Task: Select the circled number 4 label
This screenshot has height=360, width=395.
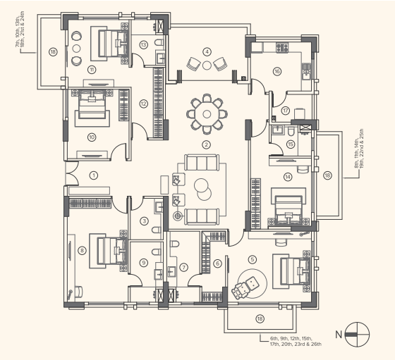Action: click(x=207, y=51)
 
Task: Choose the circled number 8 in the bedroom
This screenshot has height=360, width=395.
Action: click(x=83, y=249)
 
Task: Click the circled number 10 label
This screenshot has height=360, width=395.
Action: click(x=92, y=137)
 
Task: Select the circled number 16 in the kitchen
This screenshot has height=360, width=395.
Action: click(x=277, y=71)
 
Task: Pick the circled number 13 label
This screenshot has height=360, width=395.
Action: click(x=143, y=45)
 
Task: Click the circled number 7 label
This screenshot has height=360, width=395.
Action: click(x=183, y=267)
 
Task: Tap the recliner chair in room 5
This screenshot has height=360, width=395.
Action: click(x=245, y=288)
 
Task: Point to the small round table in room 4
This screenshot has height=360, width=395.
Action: click(x=207, y=65)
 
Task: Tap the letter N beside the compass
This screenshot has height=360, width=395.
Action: click(x=338, y=334)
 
